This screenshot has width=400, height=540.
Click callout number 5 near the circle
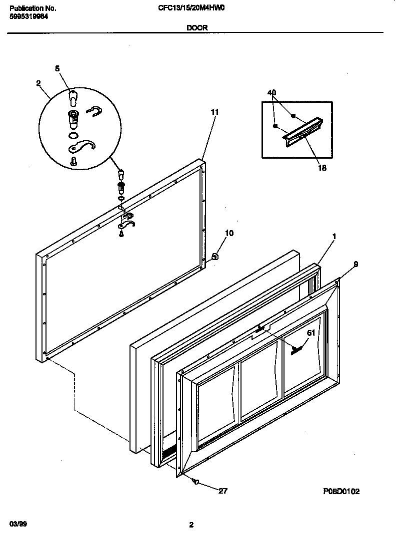[x=57, y=68]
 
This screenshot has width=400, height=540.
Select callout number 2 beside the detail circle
[x=38, y=83]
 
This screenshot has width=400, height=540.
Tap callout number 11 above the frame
[x=214, y=113]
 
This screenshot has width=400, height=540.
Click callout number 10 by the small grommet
[x=229, y=233]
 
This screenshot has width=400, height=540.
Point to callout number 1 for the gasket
[x=334, y=236]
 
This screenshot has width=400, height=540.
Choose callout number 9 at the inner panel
[x=355, y=265]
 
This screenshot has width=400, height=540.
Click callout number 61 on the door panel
[x=311, y=333]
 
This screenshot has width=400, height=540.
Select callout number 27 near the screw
[x=223, y=491]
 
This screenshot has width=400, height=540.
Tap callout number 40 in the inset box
[x=272, y=93]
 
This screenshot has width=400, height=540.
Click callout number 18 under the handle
[x=322, y=168]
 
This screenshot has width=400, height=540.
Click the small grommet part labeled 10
[x=214, y=257]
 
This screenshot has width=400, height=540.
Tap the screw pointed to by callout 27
[x=196, y=482]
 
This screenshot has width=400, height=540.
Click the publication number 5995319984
[x=29, y=16]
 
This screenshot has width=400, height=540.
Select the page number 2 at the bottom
[x=191, y=525]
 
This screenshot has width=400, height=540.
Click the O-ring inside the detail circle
[x=73, y=135]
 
